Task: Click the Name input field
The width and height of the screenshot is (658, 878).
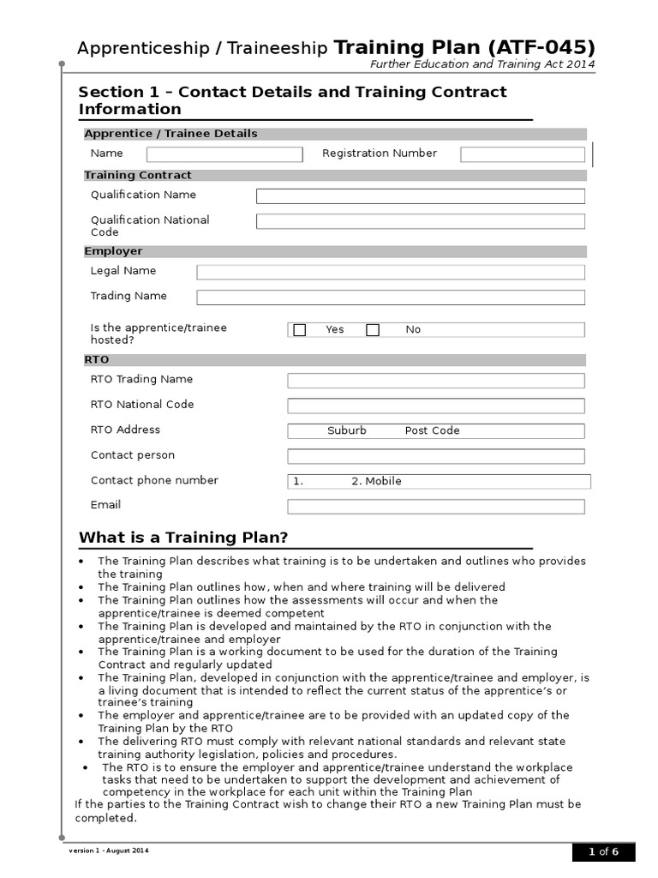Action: [x=224, y=154]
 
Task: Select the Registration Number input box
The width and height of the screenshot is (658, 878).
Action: [x=523, y=154]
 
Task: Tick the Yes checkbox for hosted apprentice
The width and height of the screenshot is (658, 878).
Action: [x=300, y=330]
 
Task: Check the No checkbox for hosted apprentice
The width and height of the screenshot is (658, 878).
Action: [x=373, y=330]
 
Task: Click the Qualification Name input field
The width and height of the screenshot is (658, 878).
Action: [x=420, y=196]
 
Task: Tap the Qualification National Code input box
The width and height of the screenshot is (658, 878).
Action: [x=420, y=221]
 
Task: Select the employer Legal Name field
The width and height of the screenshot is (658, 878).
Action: [x=391, y=272]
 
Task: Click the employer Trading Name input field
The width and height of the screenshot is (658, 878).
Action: [x=391, y=298]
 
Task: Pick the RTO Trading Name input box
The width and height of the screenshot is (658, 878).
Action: [x=436, y=381]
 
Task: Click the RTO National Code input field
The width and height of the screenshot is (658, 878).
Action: [x=436, y=406]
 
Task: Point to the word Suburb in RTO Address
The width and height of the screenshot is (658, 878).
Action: [x=347, y=431]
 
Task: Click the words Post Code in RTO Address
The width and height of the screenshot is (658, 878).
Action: [x=432, y=431]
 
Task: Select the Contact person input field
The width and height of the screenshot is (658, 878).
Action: [x=436, y=456]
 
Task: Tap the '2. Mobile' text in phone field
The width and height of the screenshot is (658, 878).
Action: [x=376, y=482]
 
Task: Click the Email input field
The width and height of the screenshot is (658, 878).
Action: [x=436, y=507]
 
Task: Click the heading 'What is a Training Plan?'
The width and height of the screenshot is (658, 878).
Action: [x=183, y=538]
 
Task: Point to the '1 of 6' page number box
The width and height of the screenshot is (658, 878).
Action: [x=603, y=852]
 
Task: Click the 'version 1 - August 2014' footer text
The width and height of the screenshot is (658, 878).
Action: [x=109, y=851]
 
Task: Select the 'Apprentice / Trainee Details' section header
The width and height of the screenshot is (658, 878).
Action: [x=170, y=134]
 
